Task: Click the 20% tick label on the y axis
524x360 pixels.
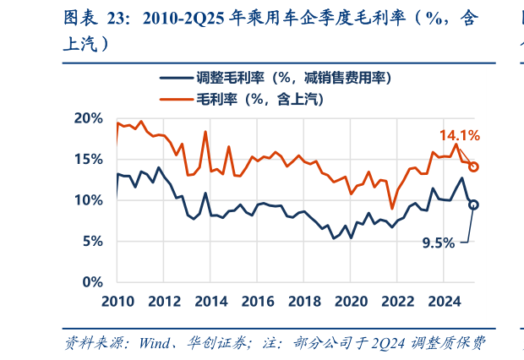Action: [x=87, y=118]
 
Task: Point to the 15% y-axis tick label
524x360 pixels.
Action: [x=87, y=159]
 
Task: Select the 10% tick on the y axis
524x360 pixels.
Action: [x=87, y=200]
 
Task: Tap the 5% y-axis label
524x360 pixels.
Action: [x=90, y=241]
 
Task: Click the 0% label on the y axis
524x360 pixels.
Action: [x=90, y=281]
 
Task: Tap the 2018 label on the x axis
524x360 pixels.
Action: [x=308, y=302]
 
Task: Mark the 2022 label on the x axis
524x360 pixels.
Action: [x=404, y=302]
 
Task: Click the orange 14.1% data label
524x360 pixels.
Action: [x=459, y=135]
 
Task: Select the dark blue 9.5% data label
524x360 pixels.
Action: [x=439, y=243]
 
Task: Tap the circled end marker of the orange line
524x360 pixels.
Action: [x=474, y=166]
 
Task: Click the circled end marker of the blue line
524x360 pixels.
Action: [x=473, y=205]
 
